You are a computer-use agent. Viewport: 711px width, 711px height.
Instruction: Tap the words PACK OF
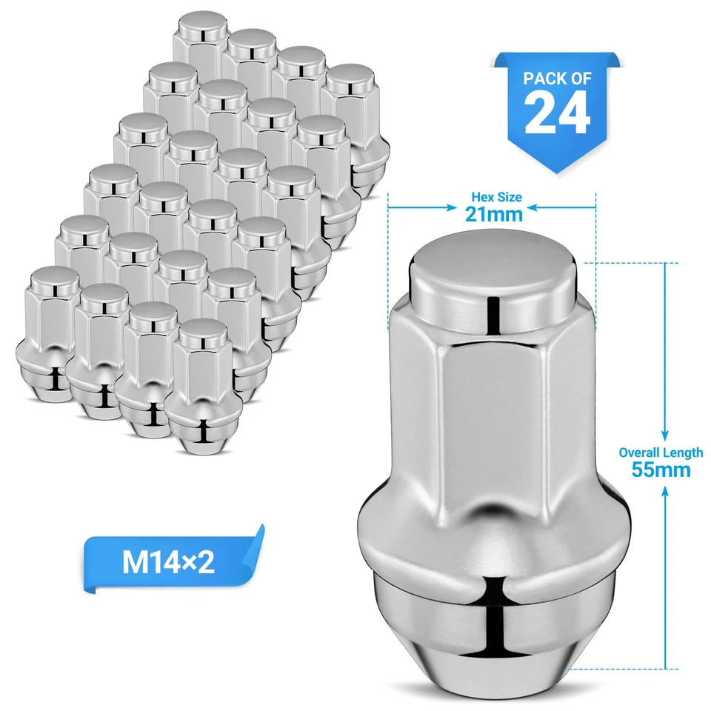coord(557,78)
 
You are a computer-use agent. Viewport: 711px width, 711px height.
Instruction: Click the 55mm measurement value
coord(661,469)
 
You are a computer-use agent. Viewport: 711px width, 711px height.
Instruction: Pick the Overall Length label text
coord(661,453)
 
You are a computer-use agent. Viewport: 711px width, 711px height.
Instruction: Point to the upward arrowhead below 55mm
coord(664,490)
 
